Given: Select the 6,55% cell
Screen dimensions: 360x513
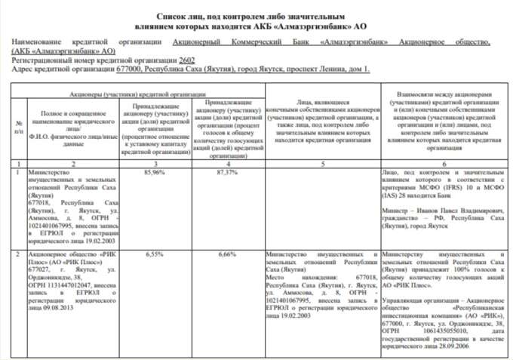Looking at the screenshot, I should click(x=153, y=255).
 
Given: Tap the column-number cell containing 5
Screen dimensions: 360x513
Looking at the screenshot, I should click(x=324, y=163).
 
